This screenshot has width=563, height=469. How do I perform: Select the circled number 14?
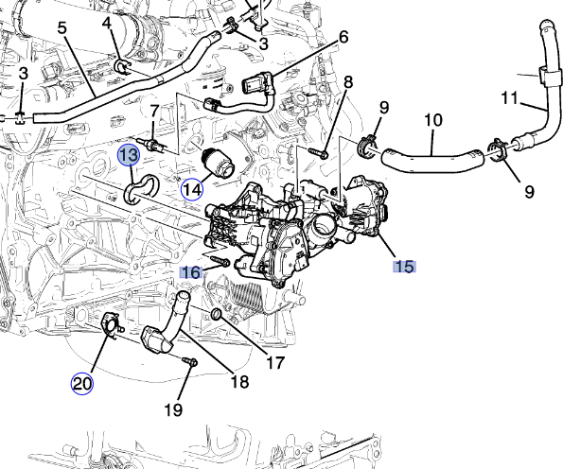(x=193, y=188)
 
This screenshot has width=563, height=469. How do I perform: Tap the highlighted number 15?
(x=404, y=266)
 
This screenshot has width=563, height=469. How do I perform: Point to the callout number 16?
(x=191, y=271)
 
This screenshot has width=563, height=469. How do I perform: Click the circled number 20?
(x=82, y=383)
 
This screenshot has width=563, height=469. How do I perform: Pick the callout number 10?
(x=432, y=120)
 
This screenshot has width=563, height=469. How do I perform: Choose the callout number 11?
(x=509, y=97)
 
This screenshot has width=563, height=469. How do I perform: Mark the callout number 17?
(x=273, y=361)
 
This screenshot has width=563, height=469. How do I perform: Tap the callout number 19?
(x=172, y=410)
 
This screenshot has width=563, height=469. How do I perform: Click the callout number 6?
(x=343, y=37)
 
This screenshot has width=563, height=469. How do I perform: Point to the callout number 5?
(x=62, y=27)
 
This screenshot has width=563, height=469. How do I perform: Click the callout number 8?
(x=348, y=83)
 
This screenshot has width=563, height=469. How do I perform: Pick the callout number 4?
(x=106, y=22)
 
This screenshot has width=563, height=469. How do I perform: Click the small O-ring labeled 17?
(x=219, y=314)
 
